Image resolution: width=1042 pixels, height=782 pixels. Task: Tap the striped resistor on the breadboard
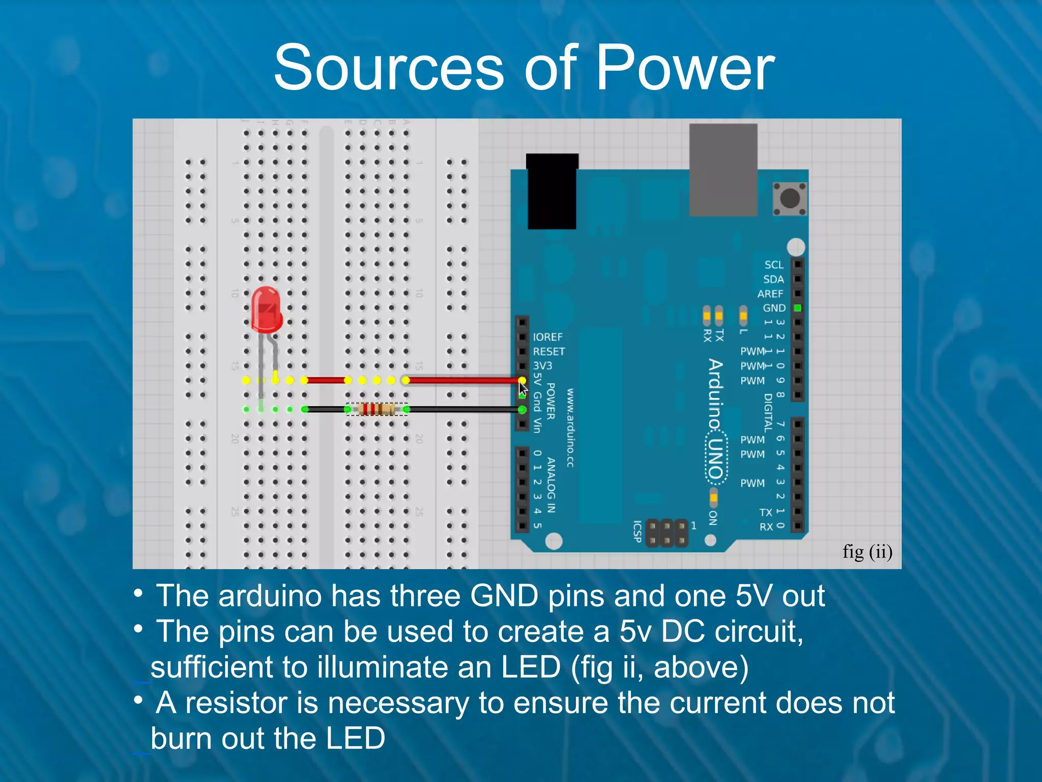coord(377,409)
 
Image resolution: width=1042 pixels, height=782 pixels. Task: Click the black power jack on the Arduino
coord(552,192)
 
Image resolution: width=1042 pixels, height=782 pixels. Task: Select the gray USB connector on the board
coord(723,170)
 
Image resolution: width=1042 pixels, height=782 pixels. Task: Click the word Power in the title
coord(685,68)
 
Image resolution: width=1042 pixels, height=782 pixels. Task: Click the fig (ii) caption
coord(867,552)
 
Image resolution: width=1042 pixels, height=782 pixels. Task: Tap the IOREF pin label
coord(547,337)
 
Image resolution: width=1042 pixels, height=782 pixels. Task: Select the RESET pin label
coord(548,351)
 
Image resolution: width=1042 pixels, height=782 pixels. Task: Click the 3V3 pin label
coord(542,366)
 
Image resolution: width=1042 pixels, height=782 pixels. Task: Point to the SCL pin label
coord(774,265)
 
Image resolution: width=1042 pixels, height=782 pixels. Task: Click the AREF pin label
coord(770,294)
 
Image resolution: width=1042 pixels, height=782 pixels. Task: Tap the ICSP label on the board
coord(637,531)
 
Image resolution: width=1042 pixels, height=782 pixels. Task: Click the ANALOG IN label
coord(551,485)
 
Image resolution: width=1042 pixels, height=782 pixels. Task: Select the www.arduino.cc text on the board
coord(570,428)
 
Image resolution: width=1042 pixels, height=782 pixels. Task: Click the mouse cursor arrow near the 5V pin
coord(523,389)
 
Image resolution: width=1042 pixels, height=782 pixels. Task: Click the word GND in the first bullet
coord(504,596)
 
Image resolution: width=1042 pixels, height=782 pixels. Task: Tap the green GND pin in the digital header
coord(798,308)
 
